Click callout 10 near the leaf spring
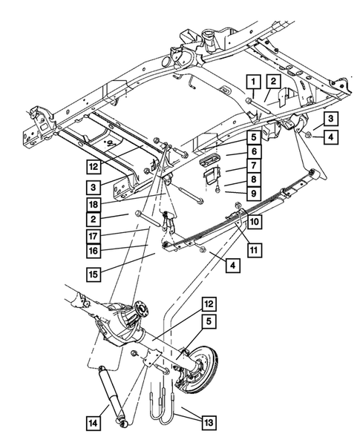(x=254, y=222)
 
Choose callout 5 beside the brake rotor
(x=209, y=323)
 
